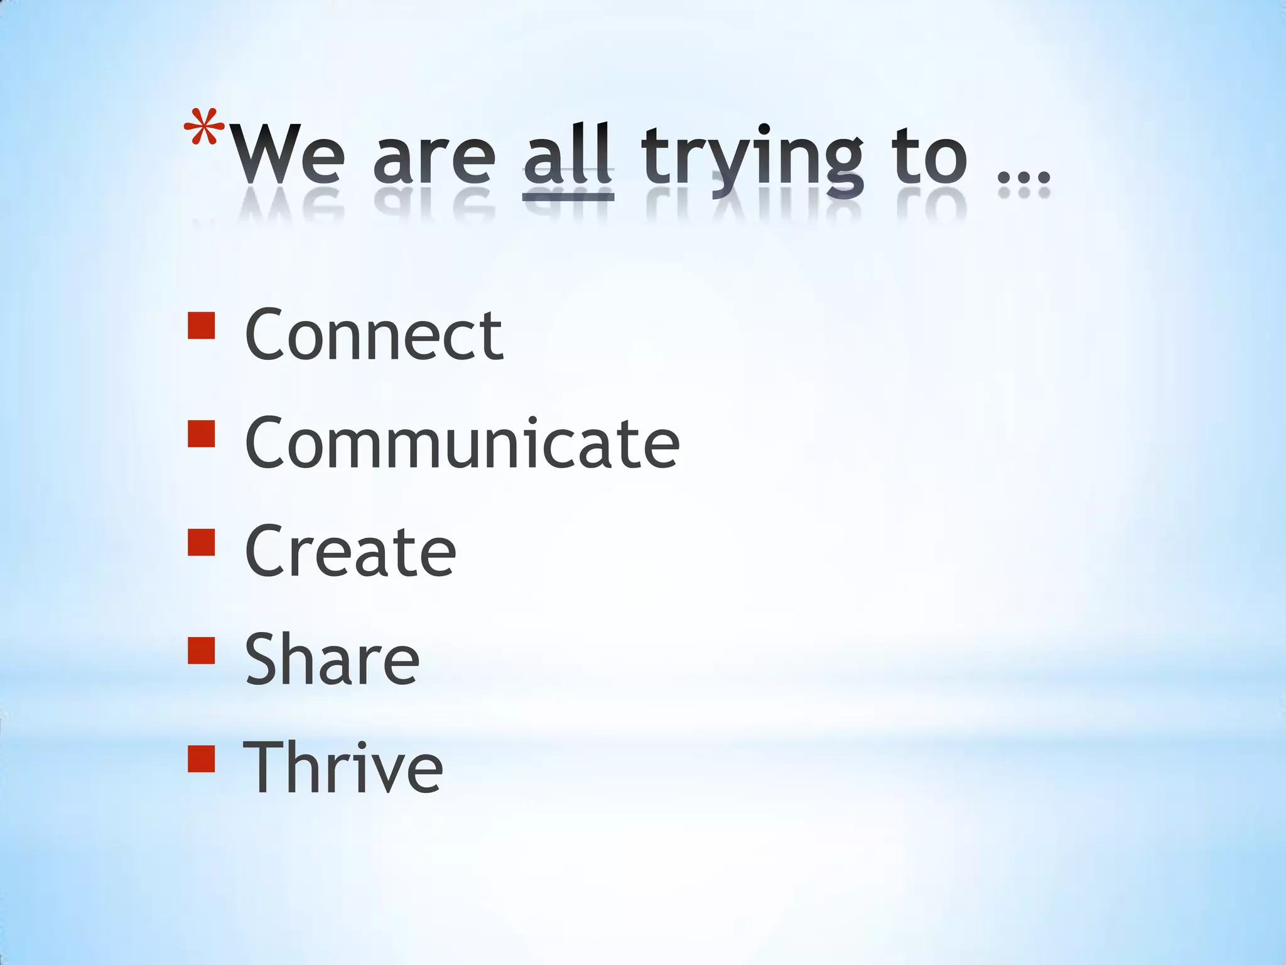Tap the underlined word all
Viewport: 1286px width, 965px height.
pos(568,154)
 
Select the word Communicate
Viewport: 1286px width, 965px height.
pos(462,444)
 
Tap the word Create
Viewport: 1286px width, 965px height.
pos(350,552)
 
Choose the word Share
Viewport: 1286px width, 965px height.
pos(332,660)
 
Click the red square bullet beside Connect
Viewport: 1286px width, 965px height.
pos(201,325)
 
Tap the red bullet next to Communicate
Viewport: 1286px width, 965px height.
pos(201,433)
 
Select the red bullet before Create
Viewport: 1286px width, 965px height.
pos(201,542)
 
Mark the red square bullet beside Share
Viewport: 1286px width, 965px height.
pos(201,650)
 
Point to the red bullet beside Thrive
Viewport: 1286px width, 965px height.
pos(201,758)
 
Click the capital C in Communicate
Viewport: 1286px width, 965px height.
pos(266,442)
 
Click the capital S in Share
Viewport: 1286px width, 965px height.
pos(263,659)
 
